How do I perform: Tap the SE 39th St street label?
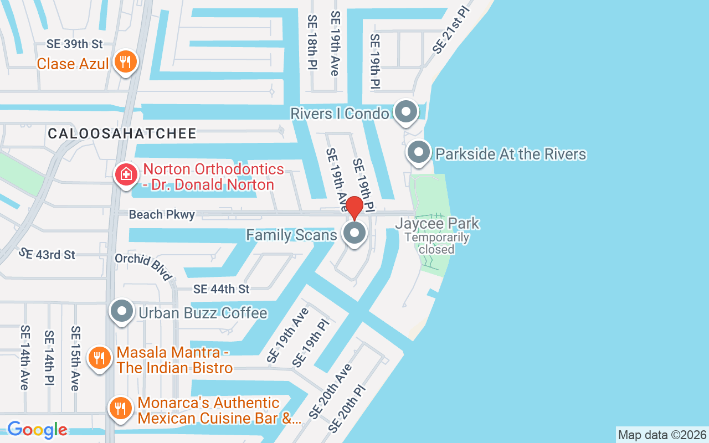(75, 44)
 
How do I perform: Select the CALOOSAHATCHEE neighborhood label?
(122, 133)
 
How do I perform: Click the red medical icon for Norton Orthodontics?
(126, 175)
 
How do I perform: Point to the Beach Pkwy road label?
(162, 214)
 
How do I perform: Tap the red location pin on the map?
(354, 207)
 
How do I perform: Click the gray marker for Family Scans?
(354, 233)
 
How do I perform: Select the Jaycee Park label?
(437, 224)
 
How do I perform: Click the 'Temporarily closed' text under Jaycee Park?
(437, 243)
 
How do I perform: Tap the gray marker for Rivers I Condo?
(406, 111)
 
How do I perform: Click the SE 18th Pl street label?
(312, 42)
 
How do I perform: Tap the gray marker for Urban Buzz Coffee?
(122, 312)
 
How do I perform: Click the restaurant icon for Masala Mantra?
(100, 358)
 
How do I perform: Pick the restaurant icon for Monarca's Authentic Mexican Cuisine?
(120, 409)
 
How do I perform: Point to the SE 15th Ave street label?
(75, 358)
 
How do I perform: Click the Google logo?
(37, 429)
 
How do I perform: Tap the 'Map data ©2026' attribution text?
(662, 435)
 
